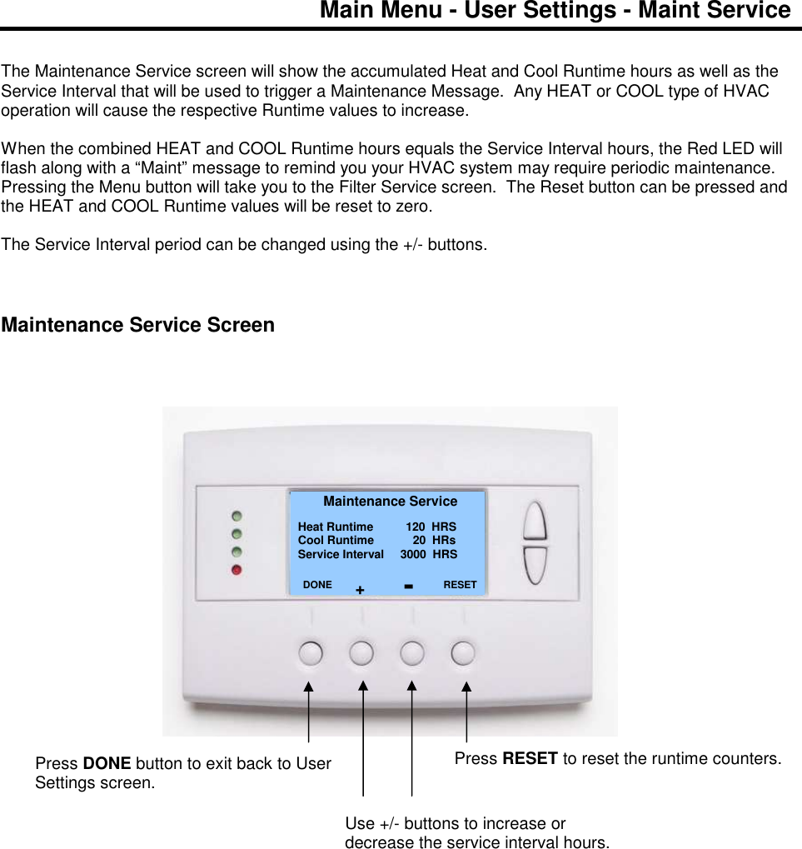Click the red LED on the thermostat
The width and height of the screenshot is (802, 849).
tap(237, 570)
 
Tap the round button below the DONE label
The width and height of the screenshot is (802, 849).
tap(310, 652)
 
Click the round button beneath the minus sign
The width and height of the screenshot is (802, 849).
tap(412, 652)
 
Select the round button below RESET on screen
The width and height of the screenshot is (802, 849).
tap(463, 652)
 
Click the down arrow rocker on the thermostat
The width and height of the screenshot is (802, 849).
tap(535, 566)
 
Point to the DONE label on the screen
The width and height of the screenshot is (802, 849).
tap(317, 585)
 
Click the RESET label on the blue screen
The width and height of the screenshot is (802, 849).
tap(460, 585)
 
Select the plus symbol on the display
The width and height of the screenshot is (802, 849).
tap(360, 589)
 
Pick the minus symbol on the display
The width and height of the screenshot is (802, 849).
tap(409, 587)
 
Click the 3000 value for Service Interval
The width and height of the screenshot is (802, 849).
tap(413, 554)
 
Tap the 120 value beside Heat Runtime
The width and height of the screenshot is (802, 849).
tap(416, 527)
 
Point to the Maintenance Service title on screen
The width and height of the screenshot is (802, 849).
tap(390, 502)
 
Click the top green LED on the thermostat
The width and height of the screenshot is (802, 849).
tap(237, 516)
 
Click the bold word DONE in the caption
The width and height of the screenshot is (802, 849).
tap(107, 763)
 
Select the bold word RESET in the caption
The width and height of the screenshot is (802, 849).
tap(530, 758)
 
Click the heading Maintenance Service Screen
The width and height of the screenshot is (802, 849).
tap(138, 325)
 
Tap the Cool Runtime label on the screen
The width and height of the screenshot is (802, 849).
tap(336, 541)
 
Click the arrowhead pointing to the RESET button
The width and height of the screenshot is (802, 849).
tap(466, 687)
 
